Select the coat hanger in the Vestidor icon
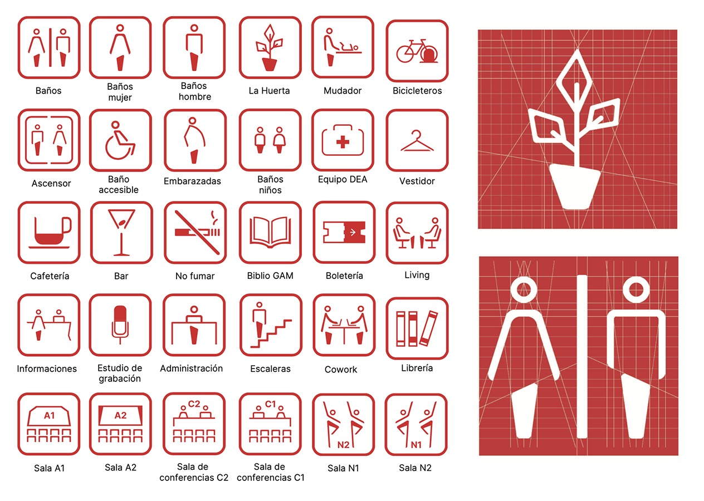pos(417,141)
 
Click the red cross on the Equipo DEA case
pos(343,142)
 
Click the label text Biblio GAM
pos(270,276)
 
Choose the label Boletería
pos(344,276)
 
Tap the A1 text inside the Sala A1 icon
pos(50,416)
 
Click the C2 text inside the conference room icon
pos(194,404)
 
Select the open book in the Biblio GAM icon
pos(270,232)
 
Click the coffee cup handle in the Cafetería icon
pos(67,225)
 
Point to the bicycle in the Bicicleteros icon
pos(417,51)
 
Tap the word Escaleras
pos(270,369)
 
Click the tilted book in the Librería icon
pos(428,328)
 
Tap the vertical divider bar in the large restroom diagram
pos(582,356)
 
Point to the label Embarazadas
pos(192,181)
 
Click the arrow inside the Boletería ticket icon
pos(353,232)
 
